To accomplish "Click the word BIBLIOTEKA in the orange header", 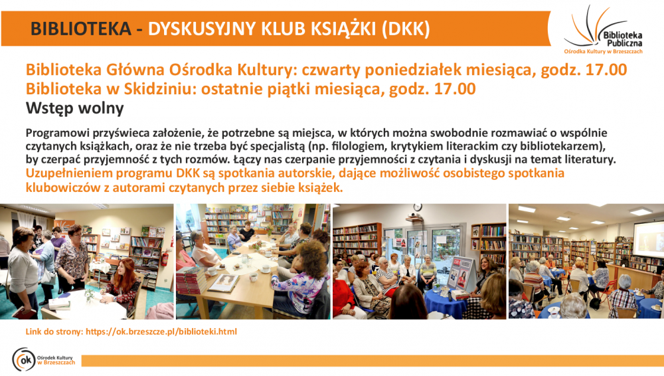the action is click(x=81, y=29).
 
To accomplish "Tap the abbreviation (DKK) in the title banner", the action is click(x=406, y=29).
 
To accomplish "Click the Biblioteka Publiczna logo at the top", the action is click(x=603, y=30).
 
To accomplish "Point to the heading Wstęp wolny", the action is click(x=74, y=108).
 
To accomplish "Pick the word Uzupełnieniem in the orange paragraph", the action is click(x=70, y=173).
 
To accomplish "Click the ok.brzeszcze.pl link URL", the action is click(x=161, y=331).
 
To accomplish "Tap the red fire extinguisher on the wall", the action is click(x=165, y=258).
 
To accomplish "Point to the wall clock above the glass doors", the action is click(x=418, y=207).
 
